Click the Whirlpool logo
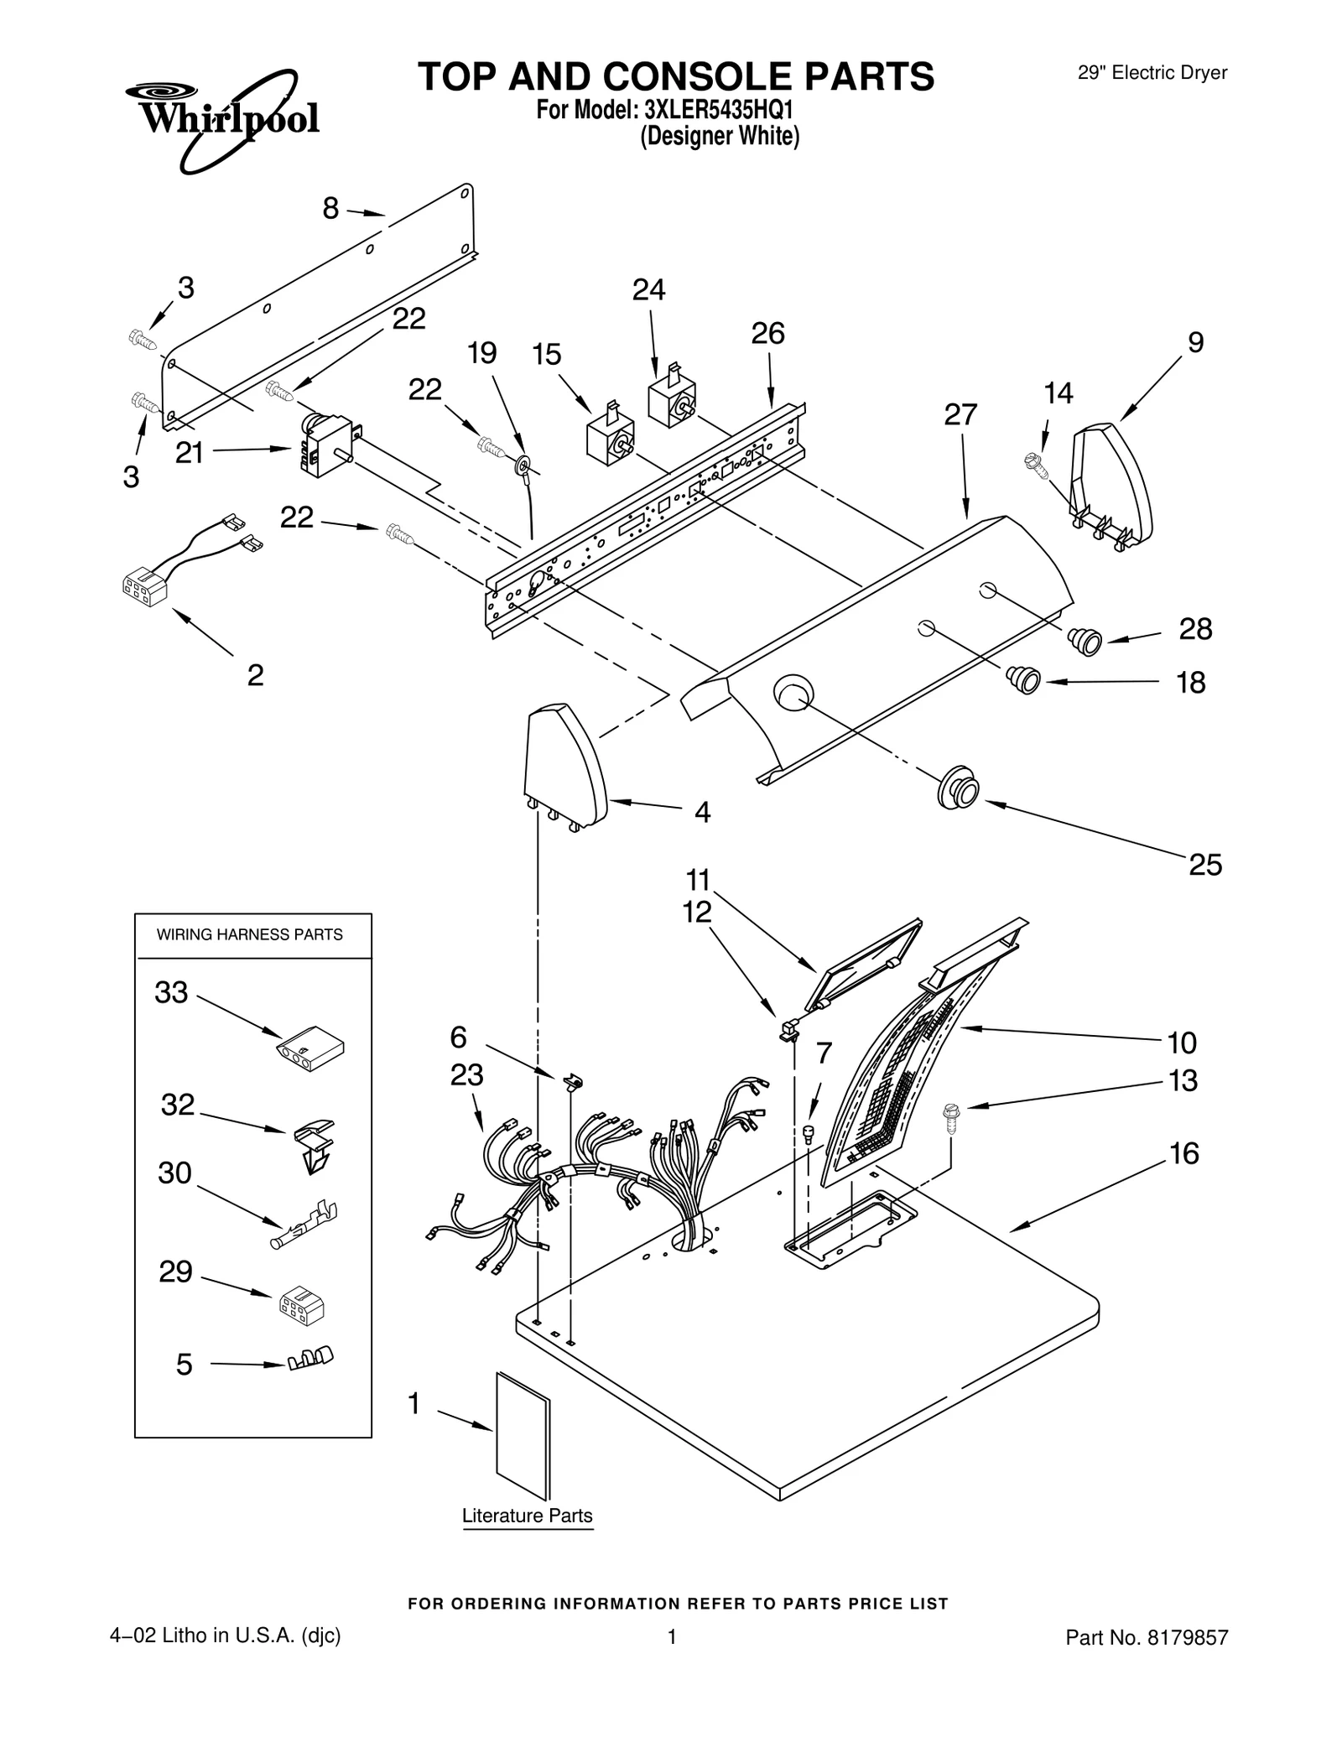pyautogui.click(x=222, y=119)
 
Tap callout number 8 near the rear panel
pyautogui.click(x=330, y=208)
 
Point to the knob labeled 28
pyautogui.click(x=1085, y=641)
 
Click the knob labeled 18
pyautogui.click(x=1024, y=678)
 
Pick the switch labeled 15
pyautogui.click(x=609, y=440)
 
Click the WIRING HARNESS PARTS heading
pyautogui.click(x=250, y=934)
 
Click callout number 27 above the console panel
pyautogui.click(x=960, y=414)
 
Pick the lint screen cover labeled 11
pyautogui.click(x=864, y=964)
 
